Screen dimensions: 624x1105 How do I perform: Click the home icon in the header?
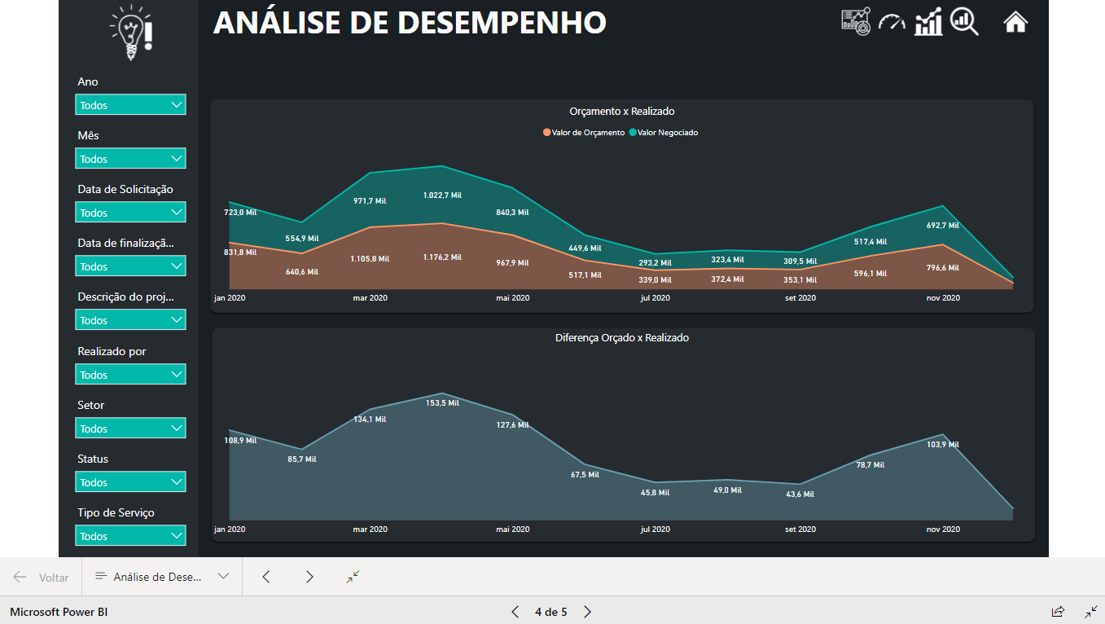click(x=1015, y=22)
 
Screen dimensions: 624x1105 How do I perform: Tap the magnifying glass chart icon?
click(x=965, y=22)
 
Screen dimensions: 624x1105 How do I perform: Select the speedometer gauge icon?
click(x=892, y=22)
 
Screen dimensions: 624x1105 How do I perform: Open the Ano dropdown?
click(x=130, y=105)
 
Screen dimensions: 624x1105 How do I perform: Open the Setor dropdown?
click(x=130, y=428)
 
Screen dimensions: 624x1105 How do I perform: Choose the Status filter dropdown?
click(x=130, y=482)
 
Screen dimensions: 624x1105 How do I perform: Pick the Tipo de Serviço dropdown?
click(x=130, y=536)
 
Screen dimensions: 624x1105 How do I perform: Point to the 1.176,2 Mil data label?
click(x=442, y=257)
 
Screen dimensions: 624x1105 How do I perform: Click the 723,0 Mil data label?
click(x=240, y=213)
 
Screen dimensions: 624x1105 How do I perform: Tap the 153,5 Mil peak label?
click(x=442, y=402)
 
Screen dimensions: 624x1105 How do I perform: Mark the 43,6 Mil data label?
click(x=800, y=494)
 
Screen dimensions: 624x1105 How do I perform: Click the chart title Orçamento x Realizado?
click(x=621, y=112)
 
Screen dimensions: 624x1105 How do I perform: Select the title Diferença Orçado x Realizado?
click(x=621, y=337)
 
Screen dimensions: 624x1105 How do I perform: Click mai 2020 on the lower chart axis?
click(x=513, y=530)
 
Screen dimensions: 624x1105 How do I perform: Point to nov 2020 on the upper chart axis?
click(x=943, y=298)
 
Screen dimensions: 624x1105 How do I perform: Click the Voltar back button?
click(x=42, y=577)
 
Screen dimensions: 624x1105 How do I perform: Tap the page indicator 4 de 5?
click(x=550, y=612)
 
